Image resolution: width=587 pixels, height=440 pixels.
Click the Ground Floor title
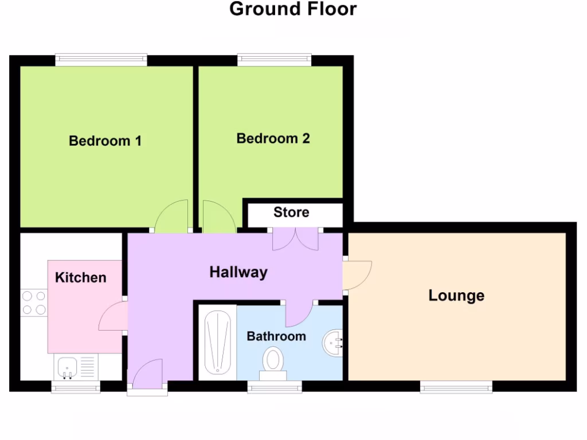pos(293,9)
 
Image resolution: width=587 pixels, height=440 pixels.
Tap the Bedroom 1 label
pos(105,140)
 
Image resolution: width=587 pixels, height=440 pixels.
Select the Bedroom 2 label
pos(273,138)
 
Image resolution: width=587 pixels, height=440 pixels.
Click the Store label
pos(291,213)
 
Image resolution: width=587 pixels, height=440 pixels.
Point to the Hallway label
pos(238,272)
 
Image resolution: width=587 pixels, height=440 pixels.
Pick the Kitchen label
pos(81,277)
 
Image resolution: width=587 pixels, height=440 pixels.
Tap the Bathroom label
pos(276,336)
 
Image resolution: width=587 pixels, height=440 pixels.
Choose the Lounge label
pos(456,296)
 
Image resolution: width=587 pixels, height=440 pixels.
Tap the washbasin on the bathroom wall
pos(333,343)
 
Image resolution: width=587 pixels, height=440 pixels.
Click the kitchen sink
pos(68,366)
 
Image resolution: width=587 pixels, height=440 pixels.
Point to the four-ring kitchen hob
pos(33,302)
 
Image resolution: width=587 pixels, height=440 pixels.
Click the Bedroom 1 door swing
pos(173,217)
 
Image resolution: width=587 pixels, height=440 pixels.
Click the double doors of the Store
pos(295,239)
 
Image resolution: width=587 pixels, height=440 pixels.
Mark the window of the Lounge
pos(456,387)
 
